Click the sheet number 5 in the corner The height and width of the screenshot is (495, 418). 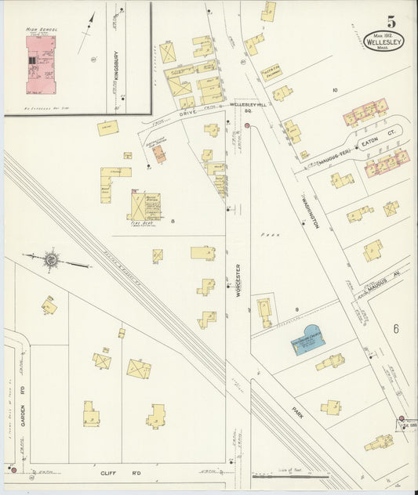(x=390, y=23)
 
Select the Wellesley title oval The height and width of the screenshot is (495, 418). (x=384, y=41)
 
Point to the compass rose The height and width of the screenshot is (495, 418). (x=50, y=258)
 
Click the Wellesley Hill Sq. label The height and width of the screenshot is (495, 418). (x=250, y=107)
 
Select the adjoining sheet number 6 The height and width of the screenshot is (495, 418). (x=396, y=329)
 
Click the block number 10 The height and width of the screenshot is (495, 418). (x=334, y=91)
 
